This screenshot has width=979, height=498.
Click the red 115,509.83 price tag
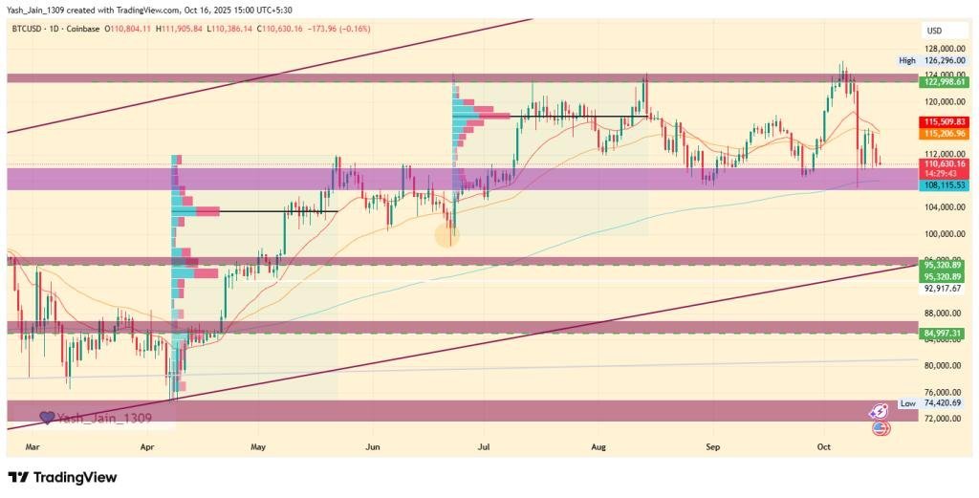pyautogui.click(x=944, y=122)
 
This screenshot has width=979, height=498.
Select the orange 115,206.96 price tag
pyautogui.click(x=944, y=135)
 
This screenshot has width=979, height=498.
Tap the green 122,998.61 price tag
pyautogui.click(x=944, y=82)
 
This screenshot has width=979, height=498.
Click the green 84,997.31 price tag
pyautogui.click(x=944, y=333)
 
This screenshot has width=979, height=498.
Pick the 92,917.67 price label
pyautogui.click(x=944, y=288)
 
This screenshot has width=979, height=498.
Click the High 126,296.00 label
pyautogui.click(x=933, y=60)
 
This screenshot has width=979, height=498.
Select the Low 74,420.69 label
pyautogui.click(x=933, y=404)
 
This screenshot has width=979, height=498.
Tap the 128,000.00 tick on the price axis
pyautogui.click(x=944, y=48)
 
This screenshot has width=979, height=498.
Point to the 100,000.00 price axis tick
pyautogui.click(x=944, y=234)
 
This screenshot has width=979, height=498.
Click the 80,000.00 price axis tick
pyautogui.click(x=944, y=366)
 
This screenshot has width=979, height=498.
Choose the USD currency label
pyautogui.click(x=934, y=31)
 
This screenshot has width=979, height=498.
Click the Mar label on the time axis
pyautogui.click(x=32, y=446)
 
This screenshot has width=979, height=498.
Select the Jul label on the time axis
pyautogui.click(x=484, y=446)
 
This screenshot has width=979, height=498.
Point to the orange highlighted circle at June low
pyautogui.click(x=447, y=234)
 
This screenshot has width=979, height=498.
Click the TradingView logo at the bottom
pyautogui.click(x=62, y=477)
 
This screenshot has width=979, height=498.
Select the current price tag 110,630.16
pyautogui.click(x=944, y=164)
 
